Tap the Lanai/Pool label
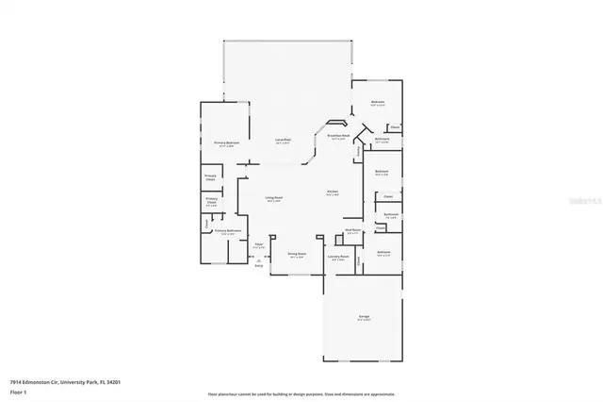click(282, 140)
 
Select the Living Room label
click(273, 199)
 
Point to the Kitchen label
click(333, 193)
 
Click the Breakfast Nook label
click(338, 138)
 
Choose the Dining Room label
click(298, 255)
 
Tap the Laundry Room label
click(338, 257)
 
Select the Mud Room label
click(353, 230)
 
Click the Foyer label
click(257, 245)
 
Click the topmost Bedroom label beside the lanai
click(377, 103)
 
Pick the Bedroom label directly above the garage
click(384, 253)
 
